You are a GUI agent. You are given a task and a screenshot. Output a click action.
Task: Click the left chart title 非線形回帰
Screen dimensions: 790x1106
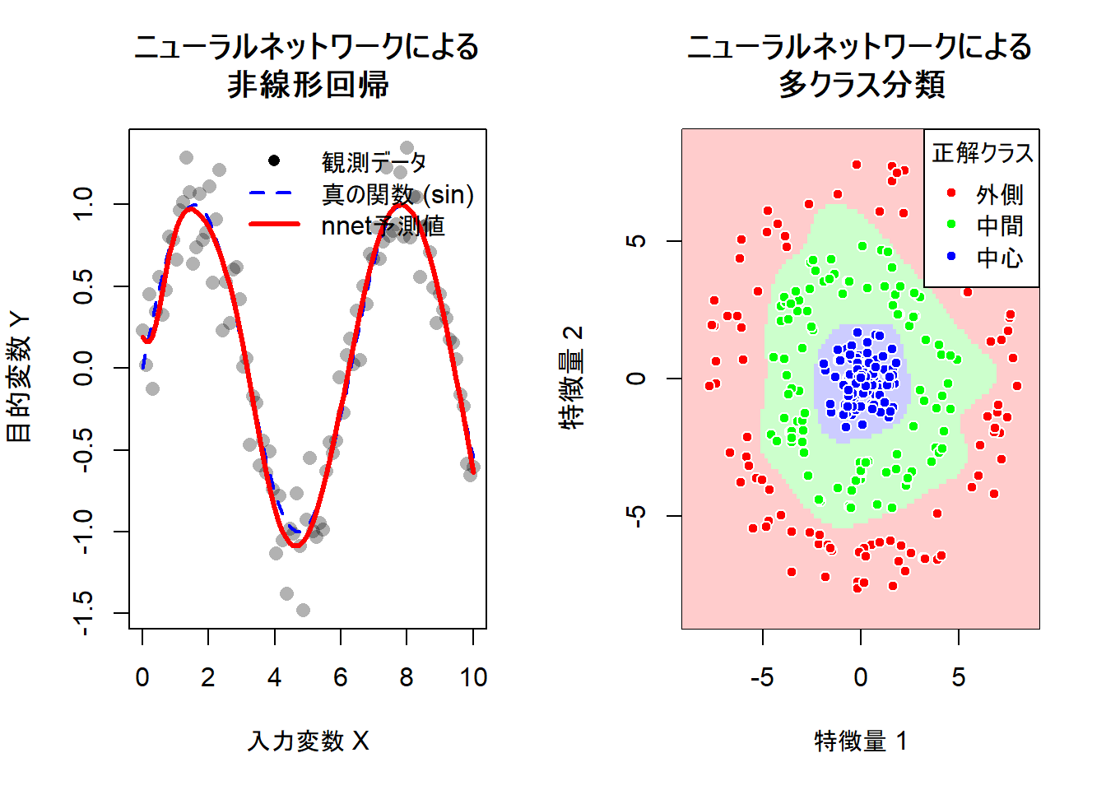(308, 85)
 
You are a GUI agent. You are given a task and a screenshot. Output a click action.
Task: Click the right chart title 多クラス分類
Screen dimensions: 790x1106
(861, 85)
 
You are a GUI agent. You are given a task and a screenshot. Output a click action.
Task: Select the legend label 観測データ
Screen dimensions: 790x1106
(374, 162)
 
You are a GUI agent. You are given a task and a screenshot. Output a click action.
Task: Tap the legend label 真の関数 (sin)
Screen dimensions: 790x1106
(398, 194)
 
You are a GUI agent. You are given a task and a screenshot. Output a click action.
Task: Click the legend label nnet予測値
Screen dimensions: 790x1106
(383, 225)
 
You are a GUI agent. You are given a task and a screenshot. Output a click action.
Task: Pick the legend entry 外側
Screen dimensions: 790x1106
(1000, 194)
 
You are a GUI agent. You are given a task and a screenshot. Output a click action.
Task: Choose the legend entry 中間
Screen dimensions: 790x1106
(1000, 225)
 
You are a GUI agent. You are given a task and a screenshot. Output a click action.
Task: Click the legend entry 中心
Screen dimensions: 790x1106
(1000, 258)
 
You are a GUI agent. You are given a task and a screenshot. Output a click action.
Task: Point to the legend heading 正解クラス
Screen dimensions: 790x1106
(983, 153)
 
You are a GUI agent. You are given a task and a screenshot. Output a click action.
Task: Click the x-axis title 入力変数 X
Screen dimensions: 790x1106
(308, 741)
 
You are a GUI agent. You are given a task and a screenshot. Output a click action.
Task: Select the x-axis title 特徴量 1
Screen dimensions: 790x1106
(861, 741)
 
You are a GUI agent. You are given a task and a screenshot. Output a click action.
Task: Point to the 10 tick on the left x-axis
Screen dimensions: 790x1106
(473, 677)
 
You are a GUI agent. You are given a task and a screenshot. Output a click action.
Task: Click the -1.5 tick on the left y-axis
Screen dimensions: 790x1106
(83, 613)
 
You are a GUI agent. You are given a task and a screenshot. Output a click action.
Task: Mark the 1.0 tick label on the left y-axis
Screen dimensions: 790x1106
(83, 204)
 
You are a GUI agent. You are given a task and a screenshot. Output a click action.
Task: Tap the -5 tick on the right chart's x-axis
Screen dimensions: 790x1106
(762, 677)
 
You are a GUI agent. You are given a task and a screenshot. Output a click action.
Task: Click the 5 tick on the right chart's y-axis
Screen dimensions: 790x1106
(636, 241)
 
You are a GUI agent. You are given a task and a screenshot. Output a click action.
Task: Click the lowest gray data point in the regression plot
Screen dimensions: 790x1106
(303, 610)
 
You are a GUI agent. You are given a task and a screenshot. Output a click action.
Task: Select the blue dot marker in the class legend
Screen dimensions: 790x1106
(952, 257)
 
